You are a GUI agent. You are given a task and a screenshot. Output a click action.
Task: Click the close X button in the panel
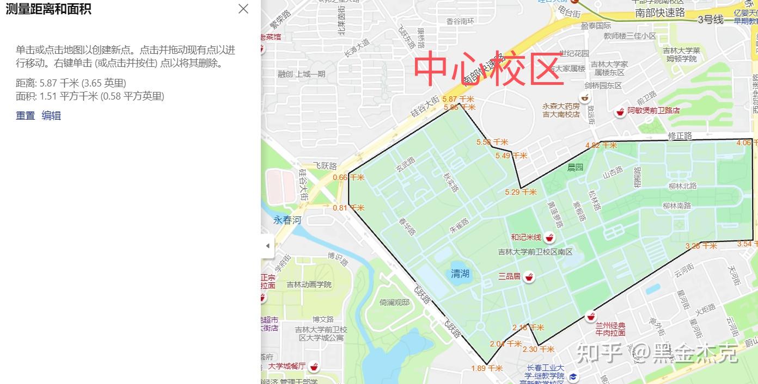click(x=243, y=9)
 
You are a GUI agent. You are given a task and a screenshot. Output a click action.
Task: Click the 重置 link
click(x=25, y=115)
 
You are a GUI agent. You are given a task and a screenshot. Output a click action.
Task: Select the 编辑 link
click(x=51, y=115)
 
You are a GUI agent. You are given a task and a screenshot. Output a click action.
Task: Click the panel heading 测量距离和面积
click(x=48, y=9)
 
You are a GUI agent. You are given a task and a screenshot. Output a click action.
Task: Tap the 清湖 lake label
click(x=460, y=274)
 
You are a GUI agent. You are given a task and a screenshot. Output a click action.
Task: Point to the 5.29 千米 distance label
click(x=521, y=192)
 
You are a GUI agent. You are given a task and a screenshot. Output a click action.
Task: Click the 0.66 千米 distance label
click(x=347, y=177)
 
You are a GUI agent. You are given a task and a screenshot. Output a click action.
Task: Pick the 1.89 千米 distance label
click(x=487, y=368)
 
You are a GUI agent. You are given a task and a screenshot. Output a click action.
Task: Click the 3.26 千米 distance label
click(x=701, y=246)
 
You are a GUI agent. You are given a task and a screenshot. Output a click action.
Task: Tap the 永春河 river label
click(x=287, y=220)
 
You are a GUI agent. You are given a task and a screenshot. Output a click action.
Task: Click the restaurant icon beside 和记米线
click(x=549, y=238)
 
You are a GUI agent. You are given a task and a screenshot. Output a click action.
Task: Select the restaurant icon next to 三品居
click(x=528, y=277)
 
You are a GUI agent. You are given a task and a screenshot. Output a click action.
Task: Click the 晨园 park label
click(x=575, y=167)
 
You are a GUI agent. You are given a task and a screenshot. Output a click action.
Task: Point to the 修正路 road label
click(x=680, y=135)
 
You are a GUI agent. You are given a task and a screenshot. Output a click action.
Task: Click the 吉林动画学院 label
click(x=309, y=284)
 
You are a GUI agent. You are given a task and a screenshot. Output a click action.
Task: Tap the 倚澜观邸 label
click(x=394, y=302)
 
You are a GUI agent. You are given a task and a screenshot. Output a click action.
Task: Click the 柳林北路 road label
click(x=682, y=186)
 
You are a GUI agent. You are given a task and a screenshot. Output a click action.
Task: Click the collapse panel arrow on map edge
click(x=267, y=246)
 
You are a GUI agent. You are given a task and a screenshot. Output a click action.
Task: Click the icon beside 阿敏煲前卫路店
click(x=619, y=113)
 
